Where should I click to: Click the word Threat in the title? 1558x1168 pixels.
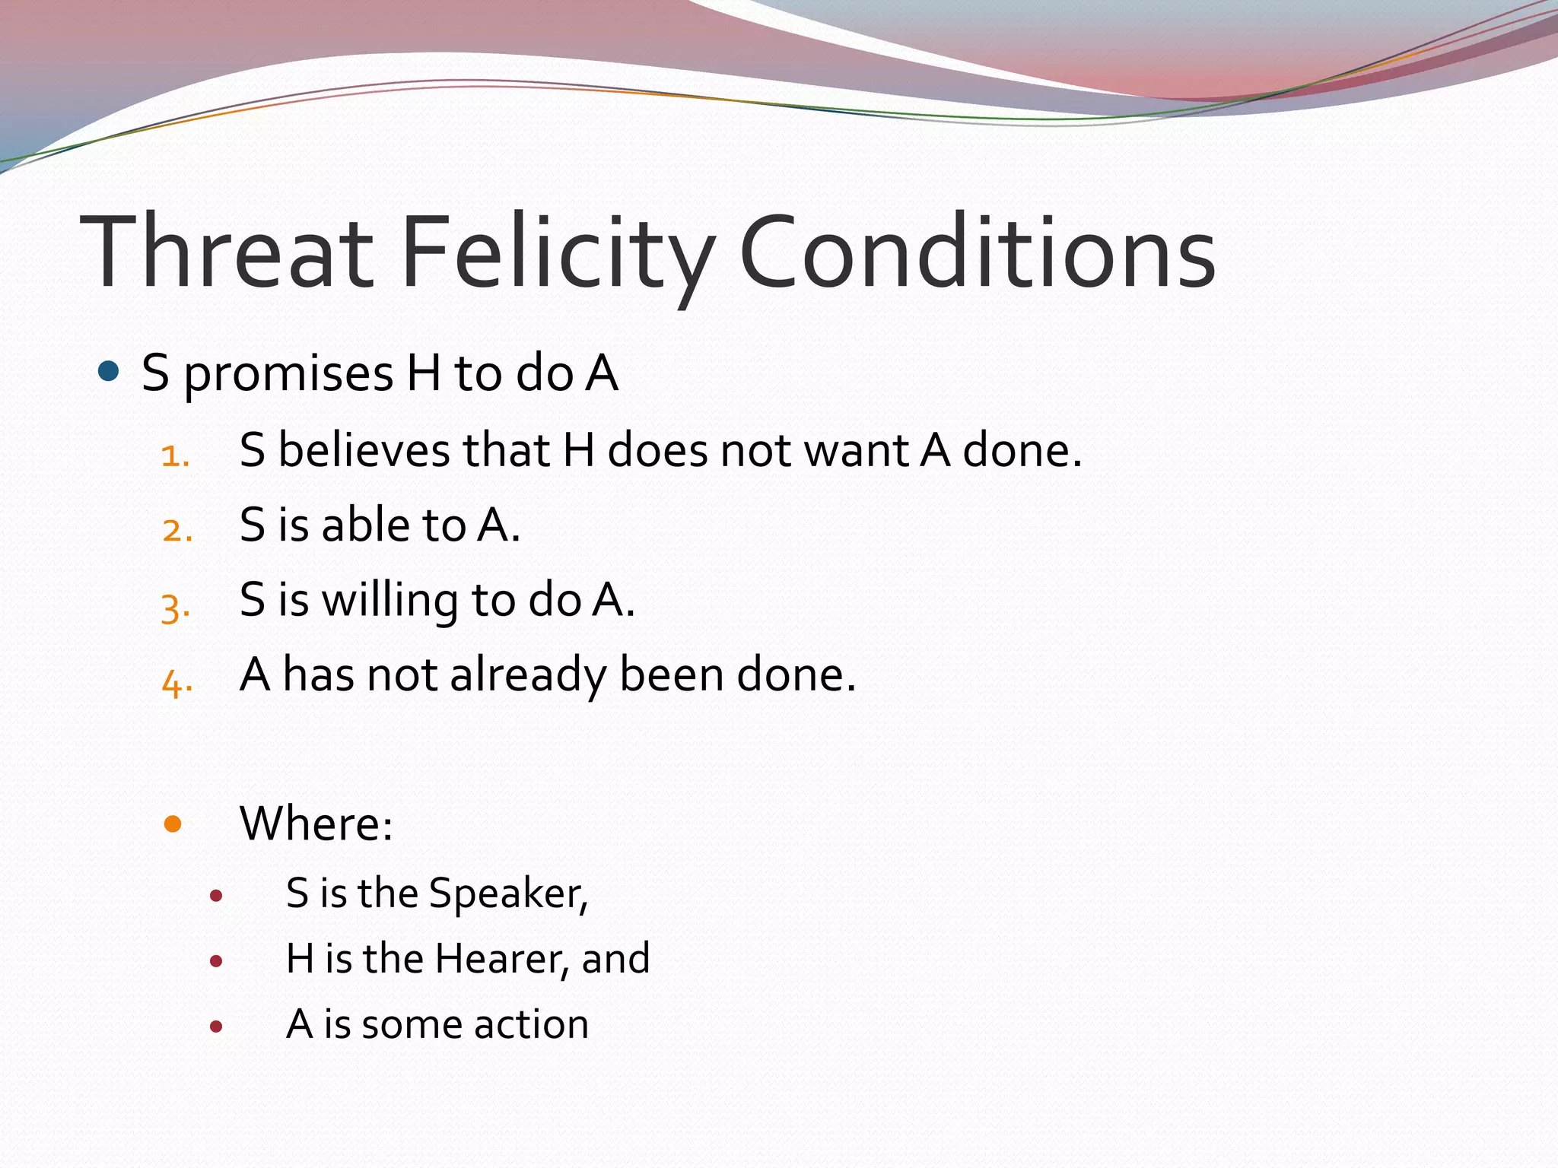[227, 252]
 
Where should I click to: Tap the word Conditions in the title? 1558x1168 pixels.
[977, 252]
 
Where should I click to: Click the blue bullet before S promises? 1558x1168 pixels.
[109, 372]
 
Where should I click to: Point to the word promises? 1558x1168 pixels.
[288, 375]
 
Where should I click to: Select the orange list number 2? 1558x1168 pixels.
[177, 530]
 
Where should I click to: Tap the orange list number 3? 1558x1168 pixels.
[176, 607]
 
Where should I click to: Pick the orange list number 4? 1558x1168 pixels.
[176, 682]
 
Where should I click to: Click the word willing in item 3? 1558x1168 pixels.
[390, 601]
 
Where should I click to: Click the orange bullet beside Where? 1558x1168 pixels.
[173, 824]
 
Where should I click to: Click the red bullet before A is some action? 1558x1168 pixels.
[216, 1027]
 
